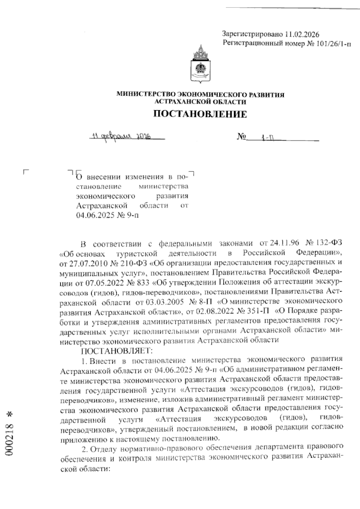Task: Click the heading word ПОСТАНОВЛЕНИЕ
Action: pyautogui.click(x=200, y=114)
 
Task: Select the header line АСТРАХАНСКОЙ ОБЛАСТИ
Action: pyautogui.click(x=200, y=102)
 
